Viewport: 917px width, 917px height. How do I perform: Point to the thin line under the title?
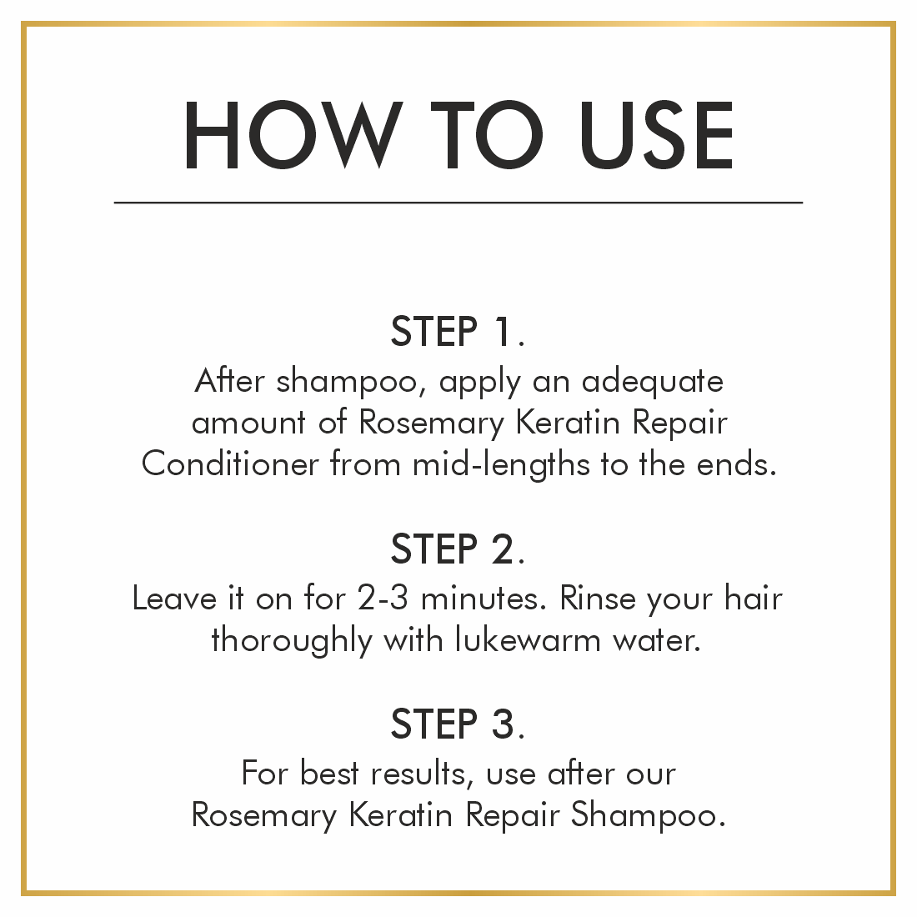[x=458, y=203]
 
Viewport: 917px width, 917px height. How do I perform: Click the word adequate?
[x=653, y=382]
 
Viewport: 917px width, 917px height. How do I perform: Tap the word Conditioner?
[x=230, y=464]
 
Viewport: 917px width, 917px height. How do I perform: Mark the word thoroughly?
[x=292, y=641]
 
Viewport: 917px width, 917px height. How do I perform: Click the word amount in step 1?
[x=248, y=423]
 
